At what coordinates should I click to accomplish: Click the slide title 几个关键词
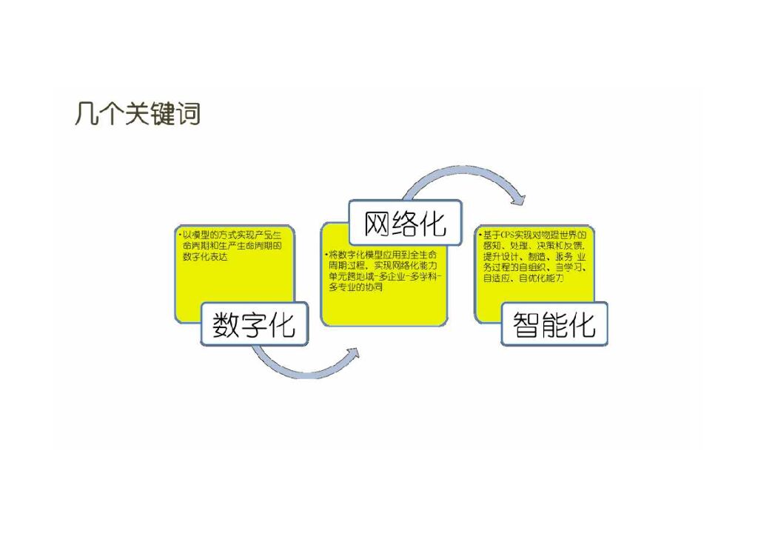coord(138,115)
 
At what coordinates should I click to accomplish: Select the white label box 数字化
coord(254,324)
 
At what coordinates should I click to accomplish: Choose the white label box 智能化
coord(554,324)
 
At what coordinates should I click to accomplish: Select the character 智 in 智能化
coord(526,324)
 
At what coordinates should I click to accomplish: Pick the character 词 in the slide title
coord(189,115)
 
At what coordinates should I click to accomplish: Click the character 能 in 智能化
coord(554,324)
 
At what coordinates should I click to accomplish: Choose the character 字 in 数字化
coord(254,324)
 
